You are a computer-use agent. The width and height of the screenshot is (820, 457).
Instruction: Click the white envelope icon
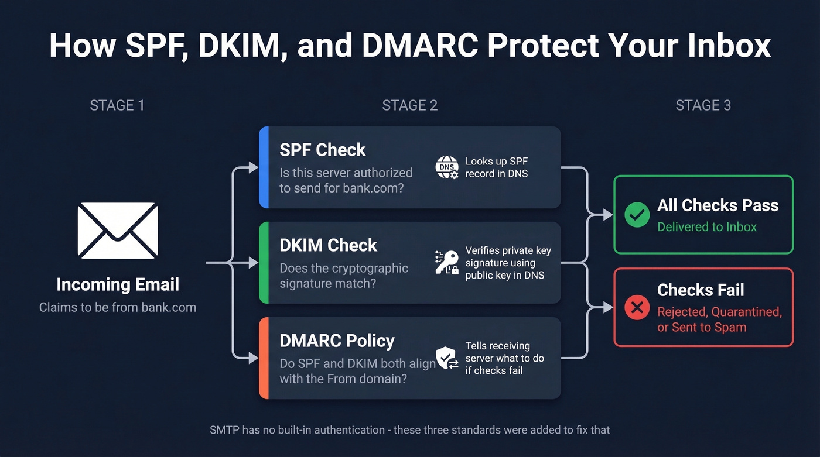(117, 231)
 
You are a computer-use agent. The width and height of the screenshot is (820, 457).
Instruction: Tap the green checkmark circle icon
(637, 215)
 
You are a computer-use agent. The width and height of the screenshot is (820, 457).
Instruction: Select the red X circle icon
(637, 307)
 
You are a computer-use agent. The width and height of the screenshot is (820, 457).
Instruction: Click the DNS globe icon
(447, 167)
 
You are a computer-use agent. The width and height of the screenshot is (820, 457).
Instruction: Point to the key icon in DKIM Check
(447, 262)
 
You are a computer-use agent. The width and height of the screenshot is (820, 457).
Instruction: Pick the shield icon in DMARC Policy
(447, 358)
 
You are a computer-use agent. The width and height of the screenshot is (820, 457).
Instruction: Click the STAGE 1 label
(117, 105)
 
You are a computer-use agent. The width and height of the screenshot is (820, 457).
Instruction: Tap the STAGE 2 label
(409, 105)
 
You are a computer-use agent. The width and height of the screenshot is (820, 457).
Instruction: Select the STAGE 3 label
(703, 105)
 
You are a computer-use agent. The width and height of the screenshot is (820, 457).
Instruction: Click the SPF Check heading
(323, 150)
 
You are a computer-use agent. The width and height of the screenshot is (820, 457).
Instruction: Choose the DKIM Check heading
(328, 245)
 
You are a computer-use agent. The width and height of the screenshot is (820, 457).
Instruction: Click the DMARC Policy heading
(337, 341)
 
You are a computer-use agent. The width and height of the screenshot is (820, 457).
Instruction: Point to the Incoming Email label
(117, 285)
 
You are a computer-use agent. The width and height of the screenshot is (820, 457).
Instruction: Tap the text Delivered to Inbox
(707, 227)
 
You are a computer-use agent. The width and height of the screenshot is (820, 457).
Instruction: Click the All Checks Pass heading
(717, 205)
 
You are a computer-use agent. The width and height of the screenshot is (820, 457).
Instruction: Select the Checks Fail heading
(701, 290)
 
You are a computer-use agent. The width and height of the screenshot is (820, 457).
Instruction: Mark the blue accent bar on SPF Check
(264, 167)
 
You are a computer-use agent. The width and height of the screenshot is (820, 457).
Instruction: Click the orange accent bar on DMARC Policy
(264, 358)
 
